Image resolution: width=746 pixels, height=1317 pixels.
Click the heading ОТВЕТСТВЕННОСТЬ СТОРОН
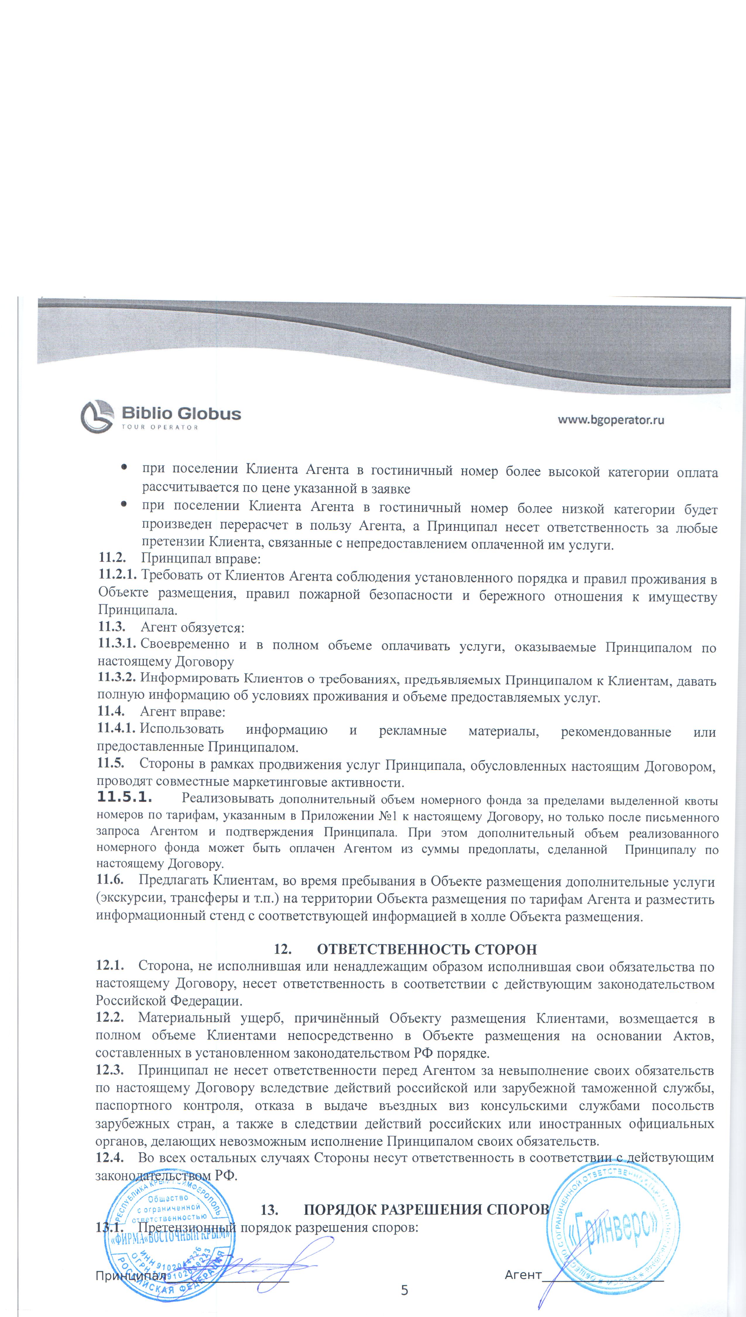(x=427, y=949)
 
